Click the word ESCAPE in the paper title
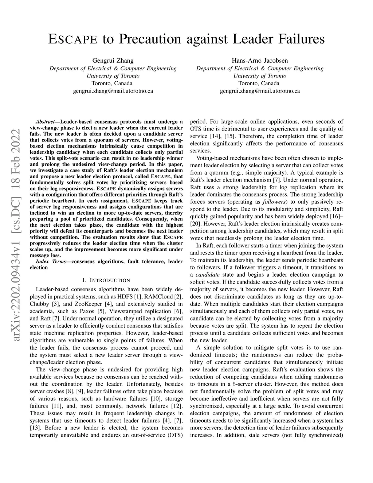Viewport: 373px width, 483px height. (x=72, y=39)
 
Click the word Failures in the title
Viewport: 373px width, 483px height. (x=297, y=39)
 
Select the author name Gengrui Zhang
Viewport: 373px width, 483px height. (x=113, y=61)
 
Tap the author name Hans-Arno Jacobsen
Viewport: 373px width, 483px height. (x=260, y=61)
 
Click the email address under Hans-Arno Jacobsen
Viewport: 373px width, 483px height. (x=260, y=91)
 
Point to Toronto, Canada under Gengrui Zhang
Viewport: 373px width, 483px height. (x=113, y=83)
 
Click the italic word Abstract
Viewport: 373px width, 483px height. (x=46, y=122)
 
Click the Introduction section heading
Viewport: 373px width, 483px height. (x=106, y=280)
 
